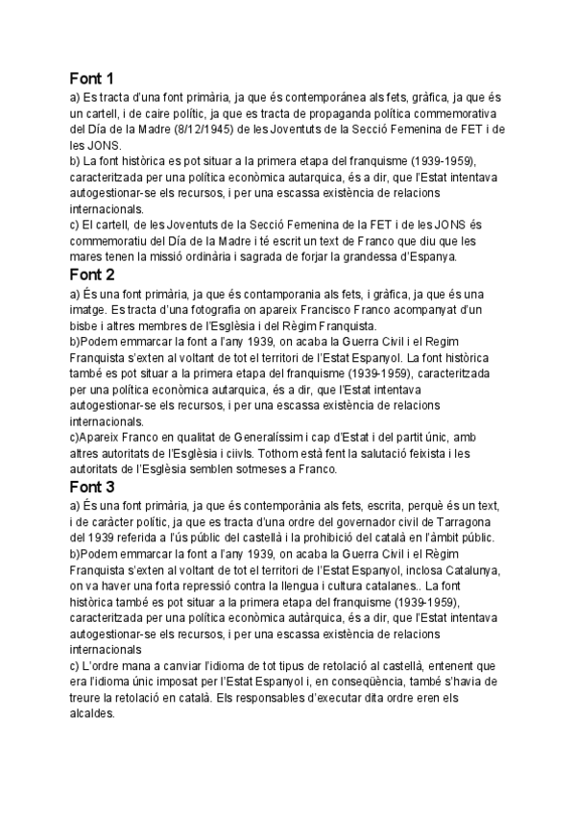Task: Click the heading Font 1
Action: click(91, 79)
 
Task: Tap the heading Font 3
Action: click(92, 487)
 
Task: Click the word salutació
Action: click(386, 455)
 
